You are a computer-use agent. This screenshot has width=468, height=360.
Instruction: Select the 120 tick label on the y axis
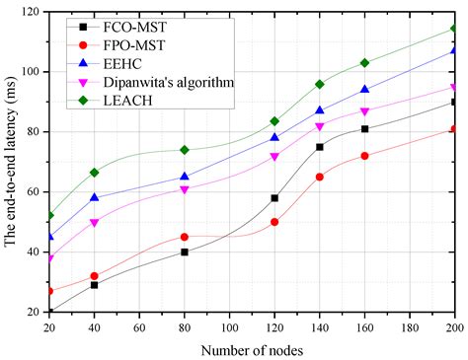pos(31,12)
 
